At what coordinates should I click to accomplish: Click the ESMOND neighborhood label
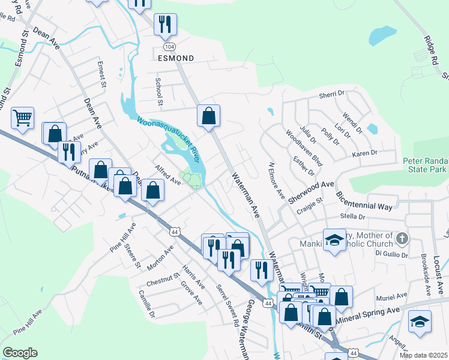176,58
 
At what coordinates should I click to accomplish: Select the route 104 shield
170,46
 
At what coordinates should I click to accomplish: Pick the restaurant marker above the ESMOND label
165,24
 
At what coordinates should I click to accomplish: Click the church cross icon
402,239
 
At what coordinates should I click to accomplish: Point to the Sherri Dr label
331,94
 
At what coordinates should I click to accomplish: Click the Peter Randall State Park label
425,166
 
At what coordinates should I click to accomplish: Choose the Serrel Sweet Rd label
228,304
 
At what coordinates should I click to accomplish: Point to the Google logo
20,353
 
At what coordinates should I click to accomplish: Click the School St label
160,91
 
